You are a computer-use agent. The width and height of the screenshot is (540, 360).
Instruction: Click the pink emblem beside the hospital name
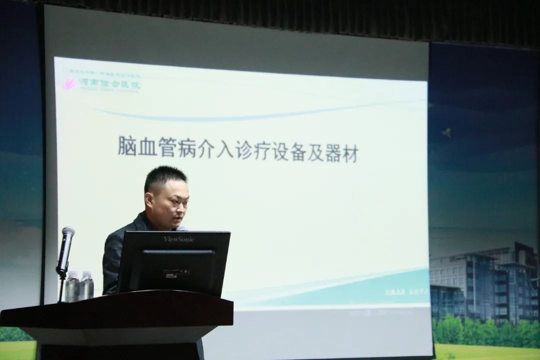click(69, 83)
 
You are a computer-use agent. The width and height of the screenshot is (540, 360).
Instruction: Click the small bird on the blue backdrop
click(446, 132)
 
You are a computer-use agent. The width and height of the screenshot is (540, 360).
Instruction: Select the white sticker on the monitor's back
click(177, 272)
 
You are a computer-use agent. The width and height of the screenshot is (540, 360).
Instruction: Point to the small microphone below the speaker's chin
click(181, 228)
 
